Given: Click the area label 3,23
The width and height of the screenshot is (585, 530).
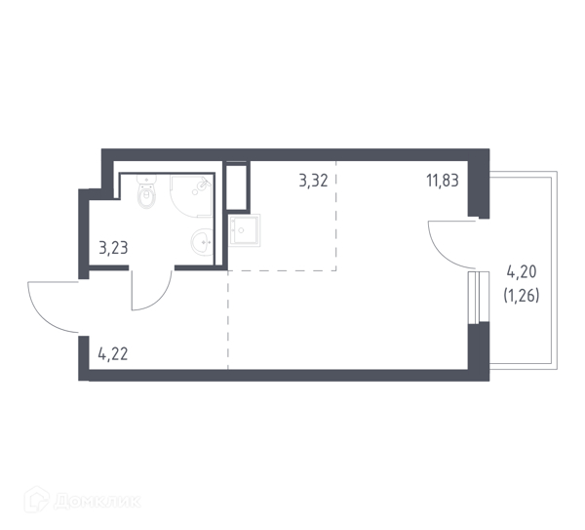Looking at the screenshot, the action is click(x=113, y=248).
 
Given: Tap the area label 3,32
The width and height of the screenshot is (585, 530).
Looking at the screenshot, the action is click(x=313, y=181).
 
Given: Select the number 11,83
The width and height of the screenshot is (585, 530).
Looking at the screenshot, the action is click(x=443, y=181).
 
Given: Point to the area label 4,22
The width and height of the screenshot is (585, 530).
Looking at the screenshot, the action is click(x=113, y=353).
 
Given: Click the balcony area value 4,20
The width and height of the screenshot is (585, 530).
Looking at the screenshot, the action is click(x=522, y=271).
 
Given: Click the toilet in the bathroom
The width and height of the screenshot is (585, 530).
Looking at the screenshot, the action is click(x=147, y=191).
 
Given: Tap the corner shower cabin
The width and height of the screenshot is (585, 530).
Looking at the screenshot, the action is click(x=191, y=196).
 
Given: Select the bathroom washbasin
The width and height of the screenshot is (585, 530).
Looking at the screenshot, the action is click(x=202, y=242).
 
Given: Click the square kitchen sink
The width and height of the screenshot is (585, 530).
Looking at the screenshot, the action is click(x=245, y=230).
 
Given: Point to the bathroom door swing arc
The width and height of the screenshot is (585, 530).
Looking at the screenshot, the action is click(x=161, y=300).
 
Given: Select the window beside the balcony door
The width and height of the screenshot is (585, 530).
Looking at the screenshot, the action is click(x=479, y=297).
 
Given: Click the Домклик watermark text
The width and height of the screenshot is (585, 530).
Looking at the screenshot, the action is click(x=97, y=502).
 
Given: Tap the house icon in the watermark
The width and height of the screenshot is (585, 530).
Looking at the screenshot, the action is click(x=37, y=500).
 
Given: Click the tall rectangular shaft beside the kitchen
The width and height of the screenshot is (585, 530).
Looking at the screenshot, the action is click(x=237, y=186).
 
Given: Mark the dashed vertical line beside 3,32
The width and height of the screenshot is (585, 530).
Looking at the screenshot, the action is click(x=336, y=215).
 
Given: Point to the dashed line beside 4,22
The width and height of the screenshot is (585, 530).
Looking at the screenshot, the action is click(x=228, y=320).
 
